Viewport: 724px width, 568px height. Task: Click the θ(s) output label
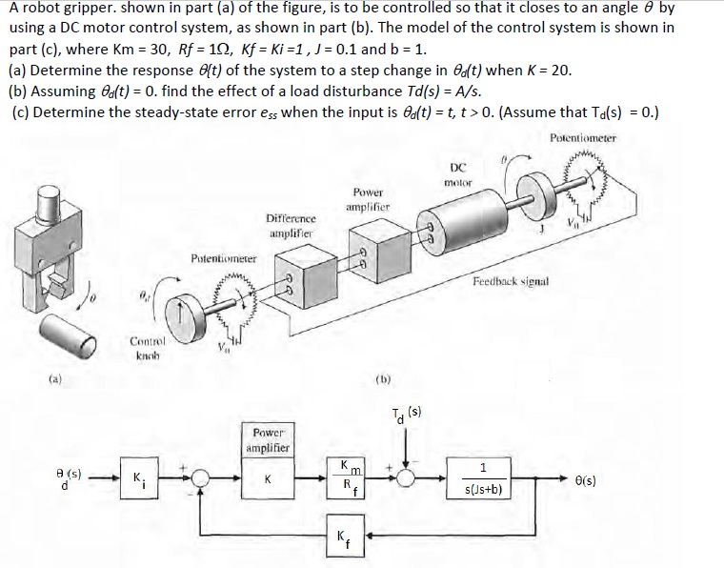[x=585, y=481]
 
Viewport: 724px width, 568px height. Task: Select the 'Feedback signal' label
[x=513, y=283]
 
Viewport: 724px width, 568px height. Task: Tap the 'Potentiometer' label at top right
[x=583, y=137]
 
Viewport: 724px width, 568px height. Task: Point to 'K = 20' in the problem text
[x=548, y=70]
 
